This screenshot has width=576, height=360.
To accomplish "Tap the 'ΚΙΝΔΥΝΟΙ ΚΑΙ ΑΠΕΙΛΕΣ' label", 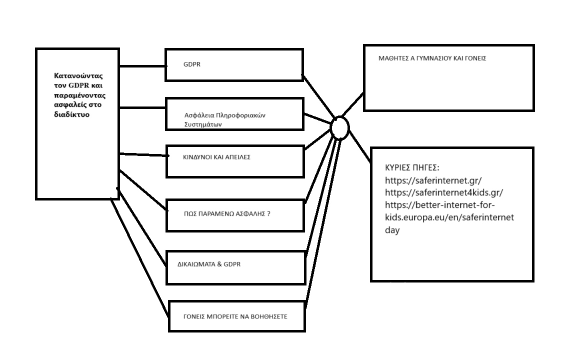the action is pyautogui.click(x=216, y=157).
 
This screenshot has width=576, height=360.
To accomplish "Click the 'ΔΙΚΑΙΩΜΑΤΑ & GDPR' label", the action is pyautogui.click(x=209, y=264).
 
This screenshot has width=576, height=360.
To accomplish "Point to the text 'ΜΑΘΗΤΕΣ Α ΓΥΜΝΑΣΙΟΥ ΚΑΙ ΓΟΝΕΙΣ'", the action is pyautogui.click(x=432, y=58).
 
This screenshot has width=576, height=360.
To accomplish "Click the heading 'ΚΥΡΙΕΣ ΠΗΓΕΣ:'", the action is pyautogui.click(x=412, y=168).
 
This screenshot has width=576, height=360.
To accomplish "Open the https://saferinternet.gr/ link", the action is pyautogui.click(x=433, y=180).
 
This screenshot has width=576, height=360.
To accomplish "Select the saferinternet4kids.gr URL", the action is pyautogui.click(x=444, y=192).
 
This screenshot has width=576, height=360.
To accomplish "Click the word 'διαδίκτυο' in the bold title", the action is pyautogui.click(x=72, y=114).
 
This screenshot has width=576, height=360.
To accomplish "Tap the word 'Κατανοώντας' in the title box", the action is pyautogui.click(x=78, y=76).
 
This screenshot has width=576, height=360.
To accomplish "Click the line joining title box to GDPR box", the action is pyautogui.click(x=143, y=66).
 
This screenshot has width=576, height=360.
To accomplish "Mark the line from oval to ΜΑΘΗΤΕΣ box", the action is pyautogui.click(x=352, y=104).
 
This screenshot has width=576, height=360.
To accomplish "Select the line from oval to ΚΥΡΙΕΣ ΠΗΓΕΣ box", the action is pyautogui.click(x=359, y=146).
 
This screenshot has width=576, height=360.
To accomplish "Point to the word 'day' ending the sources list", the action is pyautogui.click(x=392, y=230).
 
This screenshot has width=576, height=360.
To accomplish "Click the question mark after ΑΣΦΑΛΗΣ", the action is pyautogui.click(x=268, y=213).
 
